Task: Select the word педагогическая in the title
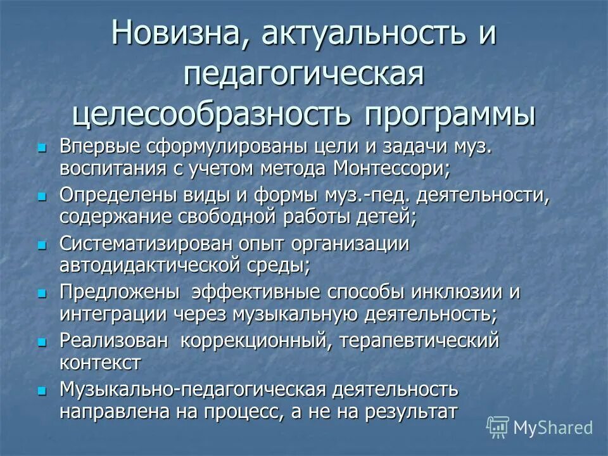click(303, 75)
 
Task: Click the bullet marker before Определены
click(42, 197)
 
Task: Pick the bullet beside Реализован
click(42, 341)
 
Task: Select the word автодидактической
click(159, 265)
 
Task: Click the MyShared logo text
click(553, 427)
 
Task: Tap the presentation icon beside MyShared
click(498, 427)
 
